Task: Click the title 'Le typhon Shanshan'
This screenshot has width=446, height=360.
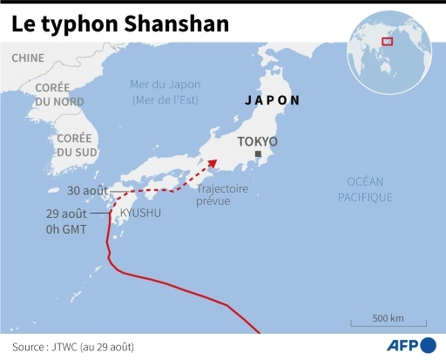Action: click(x=121, y=24)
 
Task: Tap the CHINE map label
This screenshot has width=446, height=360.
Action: click(x=28, y=58)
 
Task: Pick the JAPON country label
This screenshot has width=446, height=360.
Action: click(x=272, y=100)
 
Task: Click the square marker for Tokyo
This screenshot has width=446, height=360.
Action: click(x=257, y=154)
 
